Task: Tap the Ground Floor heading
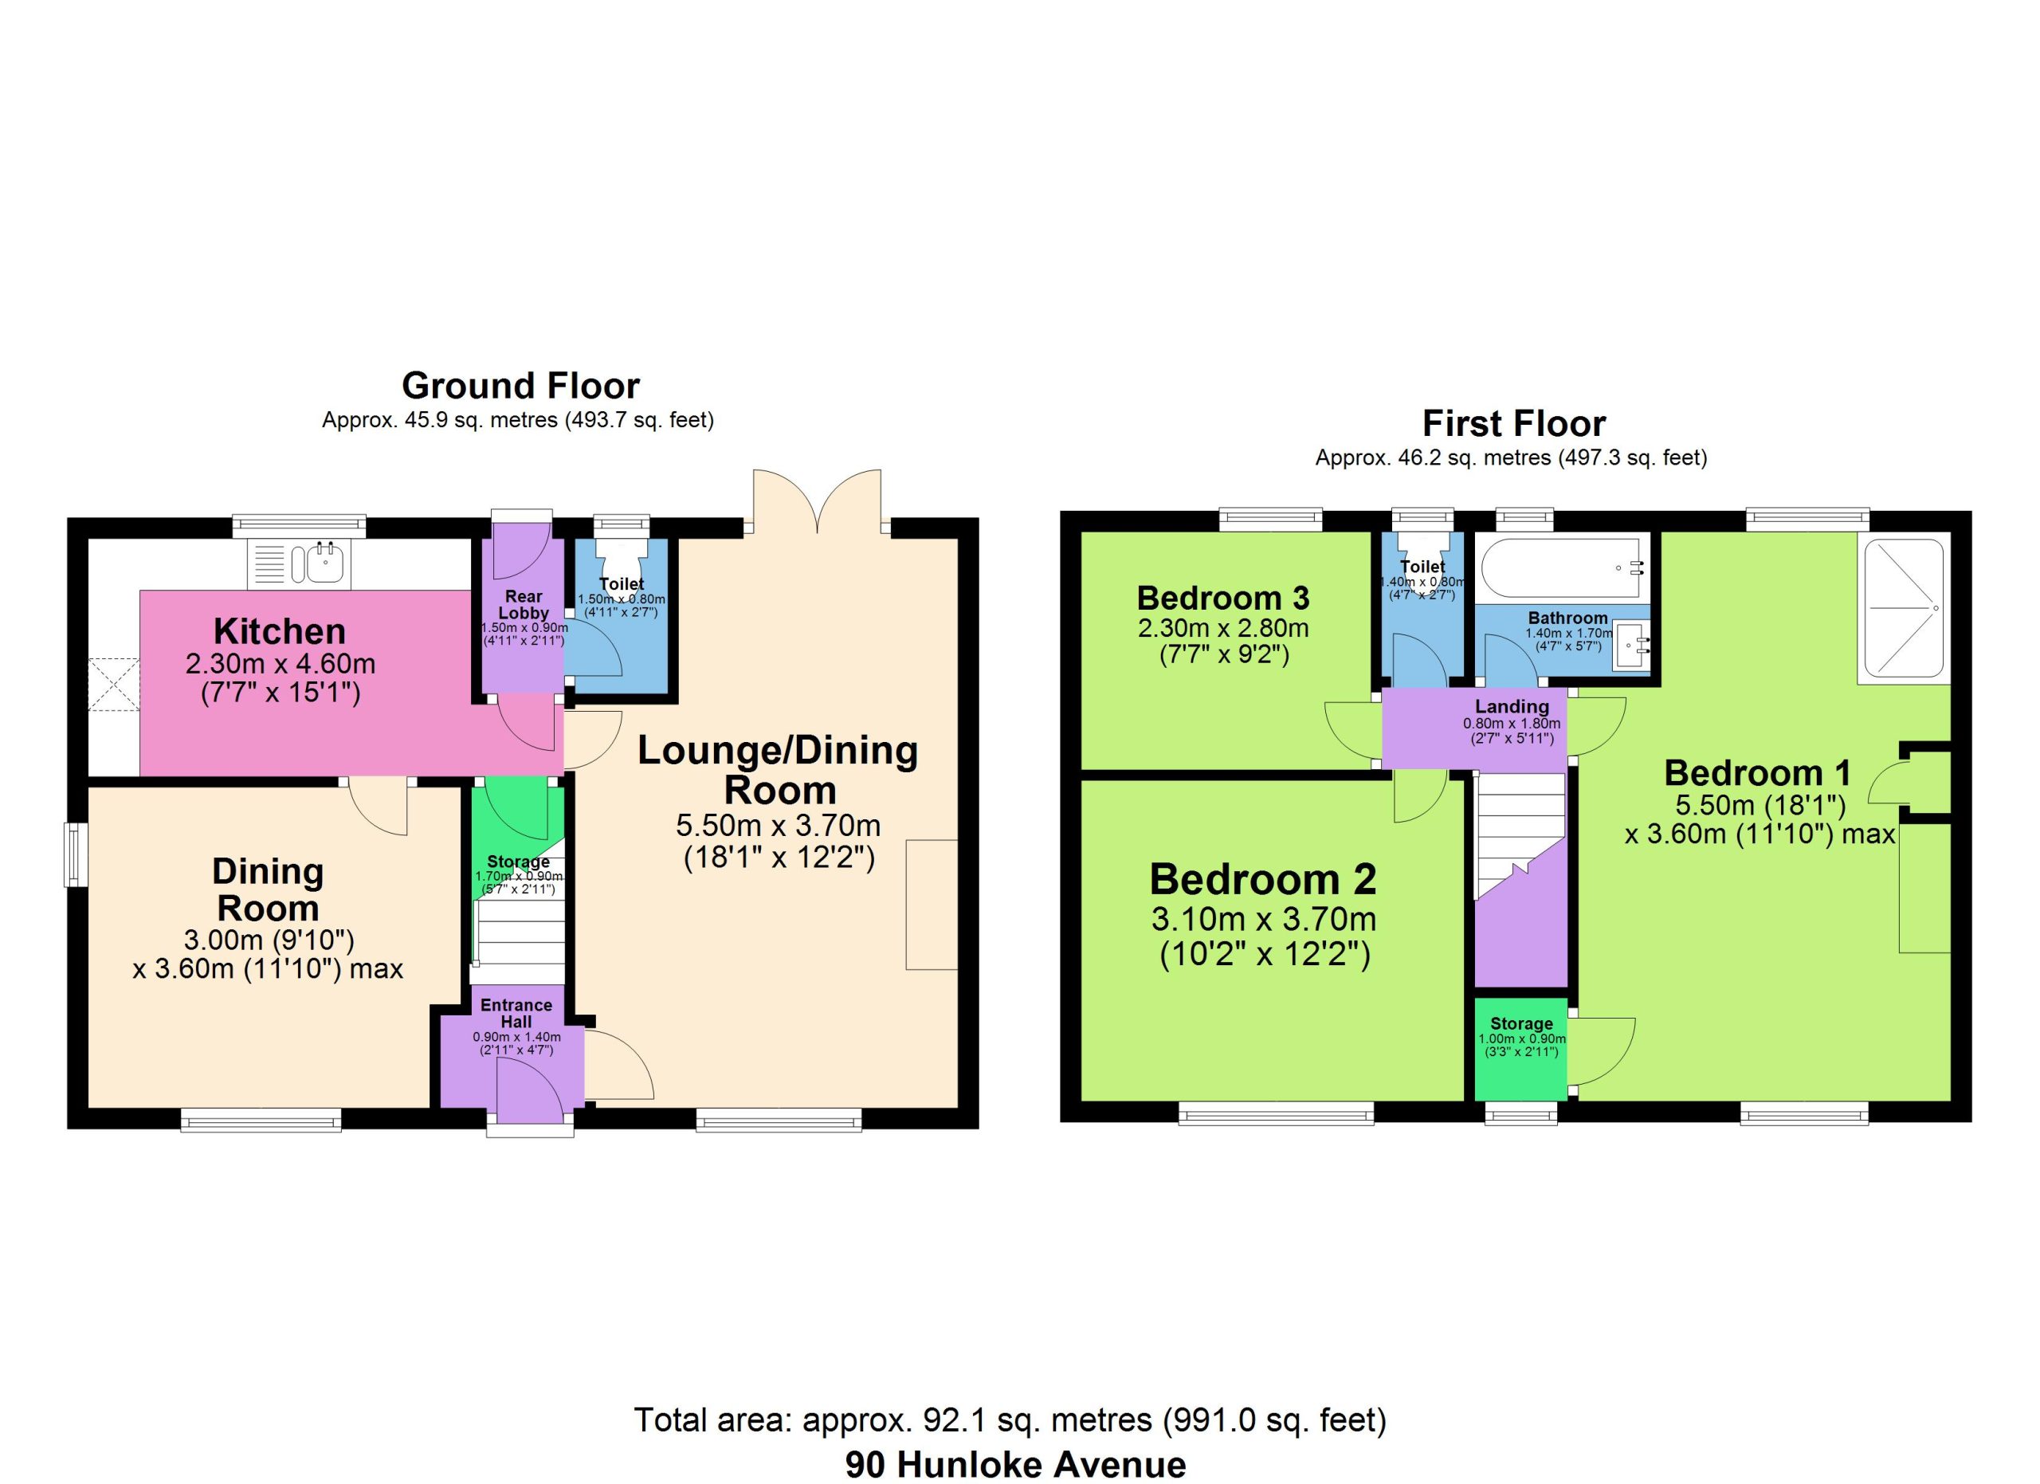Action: point(521,386)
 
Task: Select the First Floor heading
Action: point(1514,424)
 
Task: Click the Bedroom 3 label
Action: point(1222,598)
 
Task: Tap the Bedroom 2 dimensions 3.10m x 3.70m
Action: point(1264,919)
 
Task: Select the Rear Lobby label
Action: point(524,604)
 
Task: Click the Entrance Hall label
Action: point(516,1013)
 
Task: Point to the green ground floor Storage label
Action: point(518,862)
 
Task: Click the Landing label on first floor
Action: point(1512,706)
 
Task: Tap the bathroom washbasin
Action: point(1630,645)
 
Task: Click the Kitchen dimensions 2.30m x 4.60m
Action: point(280,664)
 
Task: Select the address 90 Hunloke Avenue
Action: point(1015,1464)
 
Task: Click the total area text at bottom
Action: point(1010,1419)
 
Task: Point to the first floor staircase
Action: point(1520,835)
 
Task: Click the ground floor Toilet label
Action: point(622,583)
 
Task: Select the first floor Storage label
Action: point(1521,1023)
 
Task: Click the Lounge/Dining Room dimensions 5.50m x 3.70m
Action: point(778,825)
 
